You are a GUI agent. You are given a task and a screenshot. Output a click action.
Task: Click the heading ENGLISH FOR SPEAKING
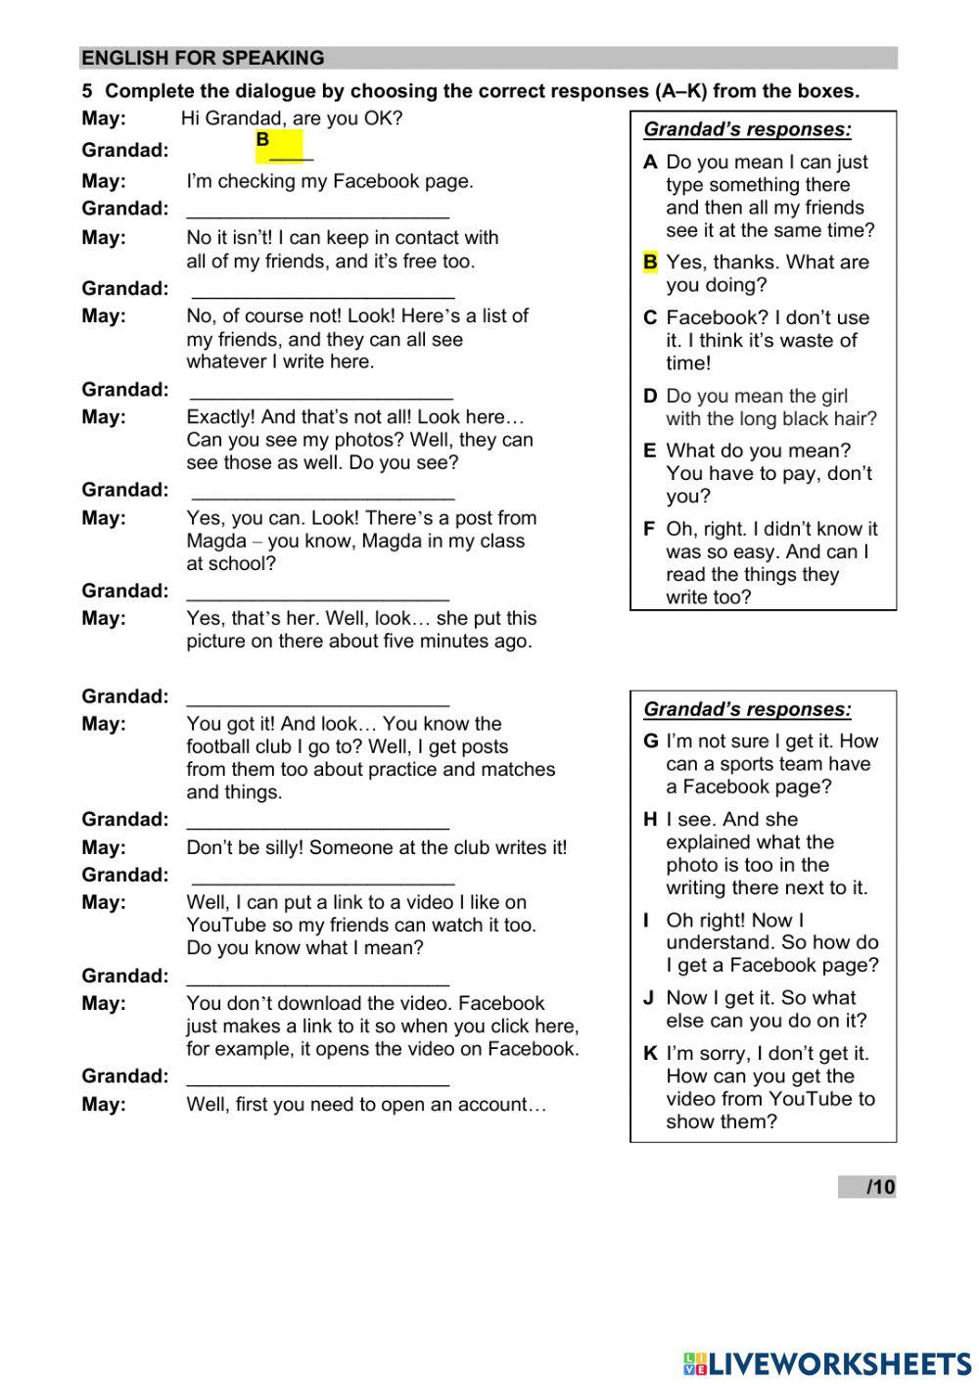click(x=203, y=58)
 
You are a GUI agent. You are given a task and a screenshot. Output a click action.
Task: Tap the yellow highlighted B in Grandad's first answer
click(x=262, y=140)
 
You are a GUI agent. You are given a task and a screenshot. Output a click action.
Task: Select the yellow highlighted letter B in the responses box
click(x=650, y=262)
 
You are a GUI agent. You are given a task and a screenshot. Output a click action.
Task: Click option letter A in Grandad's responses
click(x=650, y=163)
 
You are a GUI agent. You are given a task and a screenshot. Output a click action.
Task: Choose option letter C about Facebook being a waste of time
click(x=650, y=317)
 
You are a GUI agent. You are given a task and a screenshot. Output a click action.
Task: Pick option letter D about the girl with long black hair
click(x=650, y=396)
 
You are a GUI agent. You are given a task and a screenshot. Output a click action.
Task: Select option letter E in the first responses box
click(x=650, y=451)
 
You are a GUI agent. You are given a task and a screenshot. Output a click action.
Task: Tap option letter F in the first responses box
click(x=649, y=529)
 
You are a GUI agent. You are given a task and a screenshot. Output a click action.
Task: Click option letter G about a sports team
click(x=650, y=741)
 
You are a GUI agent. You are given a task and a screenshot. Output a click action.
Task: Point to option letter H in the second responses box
click(x=650, y=820)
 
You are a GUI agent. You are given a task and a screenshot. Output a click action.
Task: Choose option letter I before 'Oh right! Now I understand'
click(x=646, y=921)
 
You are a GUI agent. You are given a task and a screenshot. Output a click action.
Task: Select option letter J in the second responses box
click(x=648, y=998)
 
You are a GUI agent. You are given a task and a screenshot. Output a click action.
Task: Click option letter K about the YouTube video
click(x=650, y=1054)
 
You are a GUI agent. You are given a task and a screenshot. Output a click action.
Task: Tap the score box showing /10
click(x=867, y=1187)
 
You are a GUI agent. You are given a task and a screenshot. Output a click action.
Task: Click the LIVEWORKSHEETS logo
click(x=827, y=1362)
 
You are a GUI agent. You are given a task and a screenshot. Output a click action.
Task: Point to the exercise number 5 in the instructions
click(x=87, y=91)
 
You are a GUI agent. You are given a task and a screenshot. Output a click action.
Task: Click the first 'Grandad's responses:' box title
click(x=747, y=129)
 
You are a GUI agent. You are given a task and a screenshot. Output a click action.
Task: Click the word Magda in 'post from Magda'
click(x=216, y=541)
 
